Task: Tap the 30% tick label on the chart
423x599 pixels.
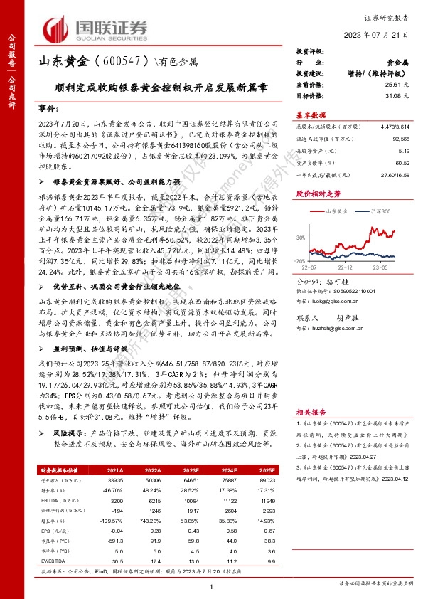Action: point(301,237)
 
